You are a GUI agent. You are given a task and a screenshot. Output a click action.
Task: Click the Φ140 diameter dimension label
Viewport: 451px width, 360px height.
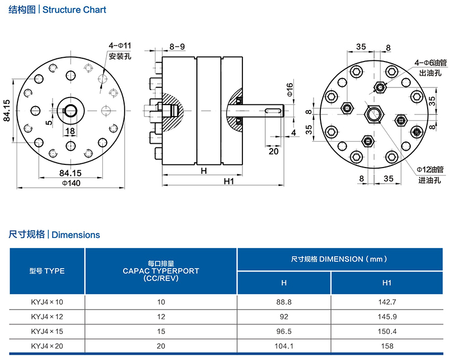(x=71, y=183)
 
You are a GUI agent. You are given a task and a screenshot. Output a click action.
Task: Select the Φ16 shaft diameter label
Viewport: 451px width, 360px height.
(x=290, y=90)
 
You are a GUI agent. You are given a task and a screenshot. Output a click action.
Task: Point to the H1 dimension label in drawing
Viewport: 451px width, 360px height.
(x=229, y=181)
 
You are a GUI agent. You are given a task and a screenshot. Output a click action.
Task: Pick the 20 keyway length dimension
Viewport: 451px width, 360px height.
(x=274, y=151)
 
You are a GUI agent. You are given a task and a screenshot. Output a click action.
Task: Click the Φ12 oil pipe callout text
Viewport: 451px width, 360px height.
(x=430, y=170)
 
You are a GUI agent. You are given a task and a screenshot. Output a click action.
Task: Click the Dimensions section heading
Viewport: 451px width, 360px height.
(x=76, y=234)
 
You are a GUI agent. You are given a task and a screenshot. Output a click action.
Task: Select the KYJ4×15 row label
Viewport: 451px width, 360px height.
(x=47, y=331)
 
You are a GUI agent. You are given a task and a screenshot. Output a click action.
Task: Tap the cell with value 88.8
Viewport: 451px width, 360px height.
(x=284, y=302)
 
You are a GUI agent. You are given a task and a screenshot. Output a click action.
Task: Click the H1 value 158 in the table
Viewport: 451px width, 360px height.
(x=387, y=346)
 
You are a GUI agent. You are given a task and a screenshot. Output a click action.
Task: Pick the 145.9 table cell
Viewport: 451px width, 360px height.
(x=387, y=317)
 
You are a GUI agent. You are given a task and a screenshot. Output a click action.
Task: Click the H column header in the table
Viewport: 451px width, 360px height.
(x=284, y=283)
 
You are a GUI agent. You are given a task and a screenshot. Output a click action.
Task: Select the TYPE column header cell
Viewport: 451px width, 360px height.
(x=47, y=271)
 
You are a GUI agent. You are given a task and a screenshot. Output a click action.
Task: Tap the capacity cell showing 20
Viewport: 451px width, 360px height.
(x=161, y=346)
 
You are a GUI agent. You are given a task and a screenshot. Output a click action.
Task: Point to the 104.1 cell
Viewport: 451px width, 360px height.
(x=284, y=346)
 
